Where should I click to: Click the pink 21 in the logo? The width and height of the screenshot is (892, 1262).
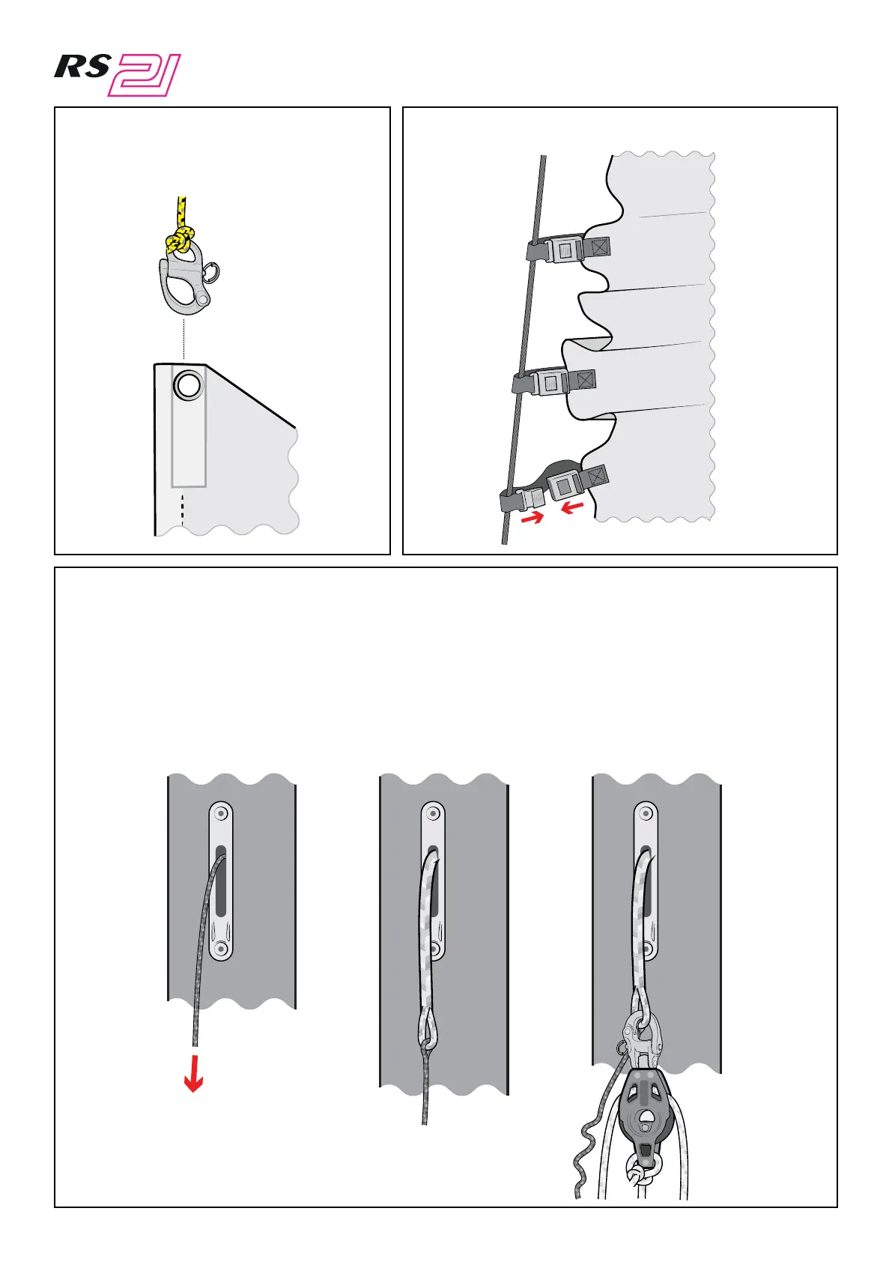(145, 76)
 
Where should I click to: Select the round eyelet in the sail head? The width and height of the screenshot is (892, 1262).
(187, 385)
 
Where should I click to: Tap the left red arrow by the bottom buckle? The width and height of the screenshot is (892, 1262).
(533, 518)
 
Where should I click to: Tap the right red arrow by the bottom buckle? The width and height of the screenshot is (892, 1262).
(572, 509)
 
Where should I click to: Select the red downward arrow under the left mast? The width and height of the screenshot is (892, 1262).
(194, 1073)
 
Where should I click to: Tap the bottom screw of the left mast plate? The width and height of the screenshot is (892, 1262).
(220, 949)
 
